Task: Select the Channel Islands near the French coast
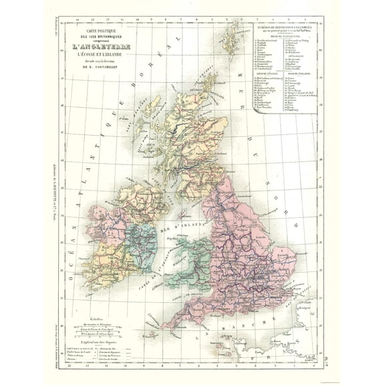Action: (221, 351)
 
